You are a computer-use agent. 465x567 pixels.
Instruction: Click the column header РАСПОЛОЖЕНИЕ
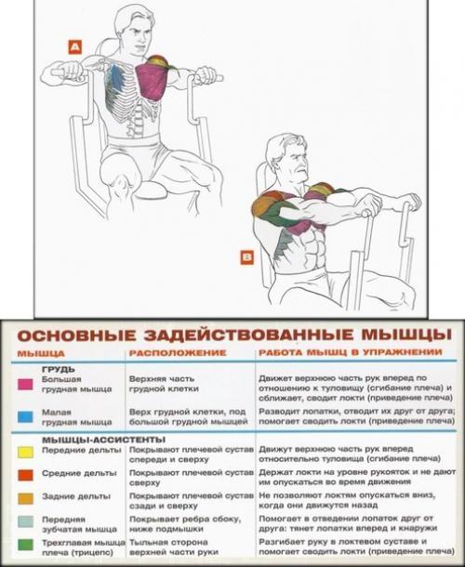pyautogui.click(x=178, y=354)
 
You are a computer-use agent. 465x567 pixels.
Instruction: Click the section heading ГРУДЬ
pyautogui.click(x=52, y=368)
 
